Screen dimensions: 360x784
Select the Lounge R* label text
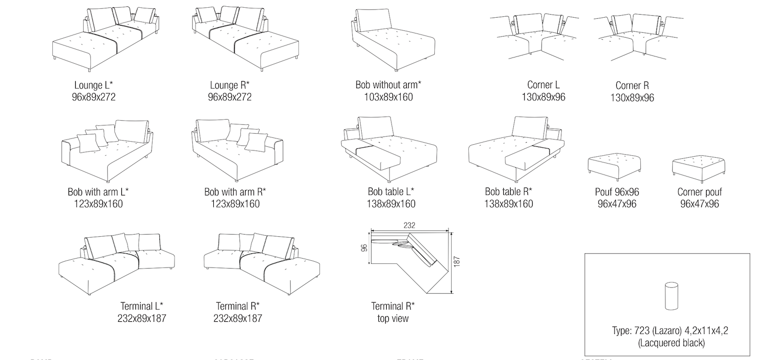229,85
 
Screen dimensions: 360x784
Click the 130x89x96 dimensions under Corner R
632,98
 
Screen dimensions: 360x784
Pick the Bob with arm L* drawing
107,152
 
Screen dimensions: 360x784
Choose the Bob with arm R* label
235,192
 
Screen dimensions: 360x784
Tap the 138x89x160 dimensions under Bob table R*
509,204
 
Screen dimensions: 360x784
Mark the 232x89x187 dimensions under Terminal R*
238,318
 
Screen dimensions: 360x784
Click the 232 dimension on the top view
409,225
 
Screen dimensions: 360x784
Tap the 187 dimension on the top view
457,262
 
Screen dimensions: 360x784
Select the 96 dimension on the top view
364,247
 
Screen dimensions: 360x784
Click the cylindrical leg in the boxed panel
671,296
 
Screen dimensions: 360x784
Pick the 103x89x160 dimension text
388,97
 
